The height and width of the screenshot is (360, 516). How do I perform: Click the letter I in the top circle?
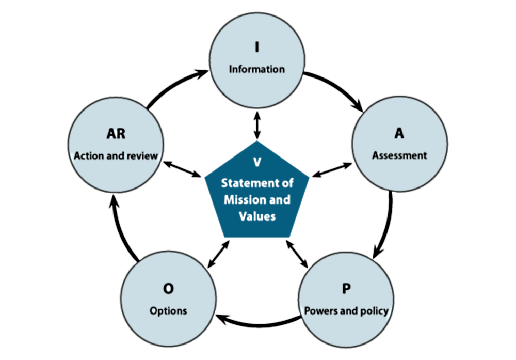pos(256,48)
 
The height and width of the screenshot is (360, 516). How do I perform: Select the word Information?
pos(256,69)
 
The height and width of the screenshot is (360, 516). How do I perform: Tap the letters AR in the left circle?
pos(116,134)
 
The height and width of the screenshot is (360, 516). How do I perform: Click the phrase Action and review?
pos(116,155)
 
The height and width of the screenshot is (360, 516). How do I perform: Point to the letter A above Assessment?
pos(399,133)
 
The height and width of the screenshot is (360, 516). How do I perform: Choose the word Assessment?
pos(399,155)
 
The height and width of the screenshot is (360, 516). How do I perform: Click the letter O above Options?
pos(168,289)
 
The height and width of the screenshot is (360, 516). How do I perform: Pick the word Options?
pos(168,310)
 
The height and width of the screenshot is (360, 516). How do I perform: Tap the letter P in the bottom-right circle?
pos(346,289)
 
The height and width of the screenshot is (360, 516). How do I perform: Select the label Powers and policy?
pos(346,310)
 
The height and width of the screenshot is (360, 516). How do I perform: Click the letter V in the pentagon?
pos(257,162)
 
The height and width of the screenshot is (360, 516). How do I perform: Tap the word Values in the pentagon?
pos(257,216)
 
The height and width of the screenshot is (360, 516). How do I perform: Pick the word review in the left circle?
pos(143,155)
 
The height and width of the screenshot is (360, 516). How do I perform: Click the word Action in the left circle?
pos(88,155)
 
